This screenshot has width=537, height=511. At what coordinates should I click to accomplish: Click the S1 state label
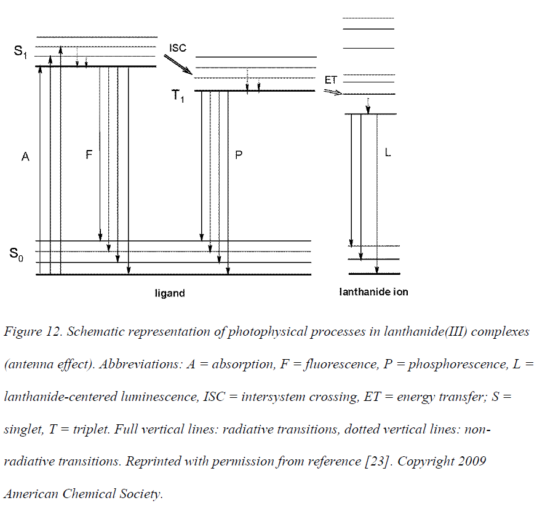[x=20, y=52]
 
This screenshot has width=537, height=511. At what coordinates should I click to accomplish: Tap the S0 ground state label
[x=17, y=255]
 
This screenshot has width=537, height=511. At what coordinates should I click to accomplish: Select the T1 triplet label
[x=178, y=95]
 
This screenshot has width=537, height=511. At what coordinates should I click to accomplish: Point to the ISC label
[x=178, y=48]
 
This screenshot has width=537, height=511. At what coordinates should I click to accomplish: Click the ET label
[x=331, y=80]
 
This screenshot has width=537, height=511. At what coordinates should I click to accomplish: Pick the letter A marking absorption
[x=25, y=157]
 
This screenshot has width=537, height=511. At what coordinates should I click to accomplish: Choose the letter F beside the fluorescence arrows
[x=89, y=155]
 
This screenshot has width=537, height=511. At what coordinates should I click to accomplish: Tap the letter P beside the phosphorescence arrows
[x=239, y=155]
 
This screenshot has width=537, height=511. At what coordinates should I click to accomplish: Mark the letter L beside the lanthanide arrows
[x=388, y=153]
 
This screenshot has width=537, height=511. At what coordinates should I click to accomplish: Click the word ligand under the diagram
[x=170, y=293]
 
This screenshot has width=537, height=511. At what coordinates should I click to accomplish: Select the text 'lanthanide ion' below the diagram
[x=373, y=292]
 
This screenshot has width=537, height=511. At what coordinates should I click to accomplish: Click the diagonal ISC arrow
[x=178, y=65]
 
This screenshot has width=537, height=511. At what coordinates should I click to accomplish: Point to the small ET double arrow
[x=333, y=92]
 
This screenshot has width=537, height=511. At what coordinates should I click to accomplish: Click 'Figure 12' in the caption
[x=33, y=331]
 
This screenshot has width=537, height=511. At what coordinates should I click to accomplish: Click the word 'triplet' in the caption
[x=91, y=429]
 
